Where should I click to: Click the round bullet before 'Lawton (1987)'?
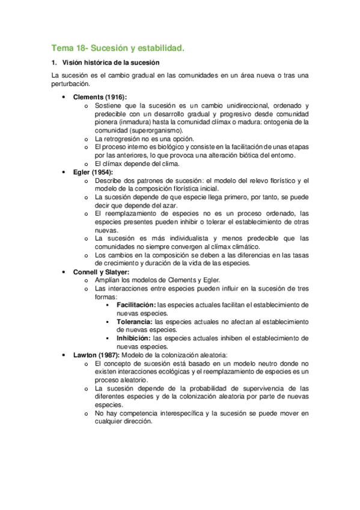[64, 355]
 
